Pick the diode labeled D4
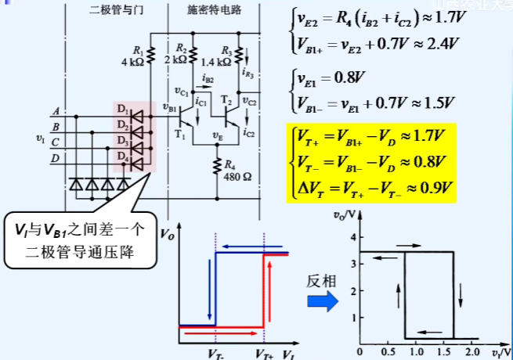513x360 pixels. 140,163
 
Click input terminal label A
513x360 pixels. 55,112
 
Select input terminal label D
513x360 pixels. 55,160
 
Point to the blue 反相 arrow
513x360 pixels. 321,301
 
